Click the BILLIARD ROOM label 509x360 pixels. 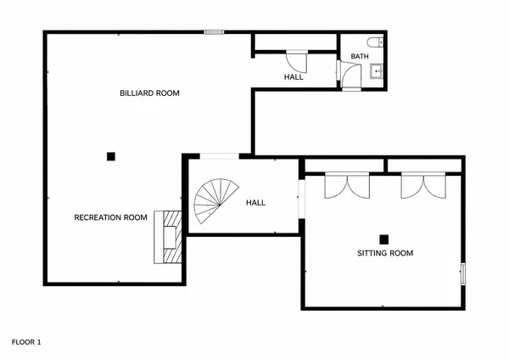[x=149, y=93]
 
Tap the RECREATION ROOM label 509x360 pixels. [x=110, y=217]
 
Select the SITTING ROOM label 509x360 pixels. [x=385, y=253]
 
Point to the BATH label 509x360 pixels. [x=360, y=56]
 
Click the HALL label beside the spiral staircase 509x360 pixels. [x=256, y=203]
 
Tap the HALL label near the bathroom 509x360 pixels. [x=294, y=77]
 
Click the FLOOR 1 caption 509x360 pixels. [x=26, y=342]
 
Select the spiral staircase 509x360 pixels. [x=215, y=200]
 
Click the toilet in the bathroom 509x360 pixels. [x=375, y=42]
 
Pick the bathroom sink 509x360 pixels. [x=377, y=70]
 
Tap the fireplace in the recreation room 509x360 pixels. [x=168, y=237]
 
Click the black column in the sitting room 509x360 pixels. [x=384, y=239]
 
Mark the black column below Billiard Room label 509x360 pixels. [x=111, y=156]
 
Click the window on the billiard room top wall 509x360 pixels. [x=214, y=32]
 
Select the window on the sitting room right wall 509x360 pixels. [x=463, y=274]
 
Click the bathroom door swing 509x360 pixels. [x=349, y=76]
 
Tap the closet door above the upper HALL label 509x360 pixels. [x=297, y=61]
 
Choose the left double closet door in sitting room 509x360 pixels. [x=347, y=186]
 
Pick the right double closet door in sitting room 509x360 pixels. [x=423, y=186]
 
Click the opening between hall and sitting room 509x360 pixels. [x=301, y=199]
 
